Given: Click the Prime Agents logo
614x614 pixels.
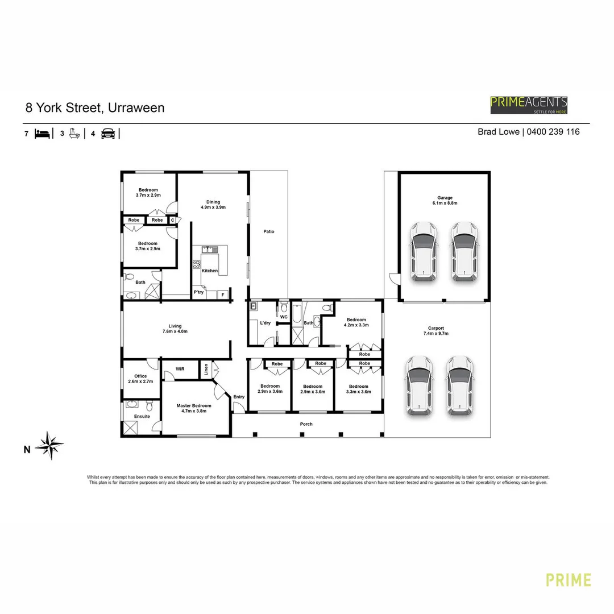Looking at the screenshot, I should [529, 105].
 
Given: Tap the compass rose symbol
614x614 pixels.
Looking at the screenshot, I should [51, 445].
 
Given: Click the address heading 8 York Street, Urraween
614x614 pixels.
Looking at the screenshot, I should [95, 107].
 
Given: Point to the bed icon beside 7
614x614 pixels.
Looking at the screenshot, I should [43, 134].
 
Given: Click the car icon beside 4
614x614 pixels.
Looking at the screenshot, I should [108, 134].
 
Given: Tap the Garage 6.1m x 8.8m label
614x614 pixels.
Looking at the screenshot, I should [445, 200].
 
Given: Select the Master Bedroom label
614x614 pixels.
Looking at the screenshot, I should [194, 408].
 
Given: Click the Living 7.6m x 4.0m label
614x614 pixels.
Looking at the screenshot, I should [175, 329].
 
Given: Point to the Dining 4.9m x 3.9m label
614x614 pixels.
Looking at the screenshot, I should [213, 205].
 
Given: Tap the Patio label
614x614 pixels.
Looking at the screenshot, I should [269, 231].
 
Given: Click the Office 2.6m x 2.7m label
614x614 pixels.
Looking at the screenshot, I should [140, 379].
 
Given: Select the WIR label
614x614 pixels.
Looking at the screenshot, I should [180, 369].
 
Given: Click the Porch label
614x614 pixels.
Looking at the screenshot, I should [306, 424].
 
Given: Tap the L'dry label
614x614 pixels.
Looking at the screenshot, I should [265, 323].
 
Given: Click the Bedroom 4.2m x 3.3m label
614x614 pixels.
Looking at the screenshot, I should [356, 322].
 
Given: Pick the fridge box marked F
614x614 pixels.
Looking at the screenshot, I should [223, 294].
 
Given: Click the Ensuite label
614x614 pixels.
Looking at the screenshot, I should [142, 417].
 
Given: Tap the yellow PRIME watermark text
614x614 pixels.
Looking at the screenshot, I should [568, 580].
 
